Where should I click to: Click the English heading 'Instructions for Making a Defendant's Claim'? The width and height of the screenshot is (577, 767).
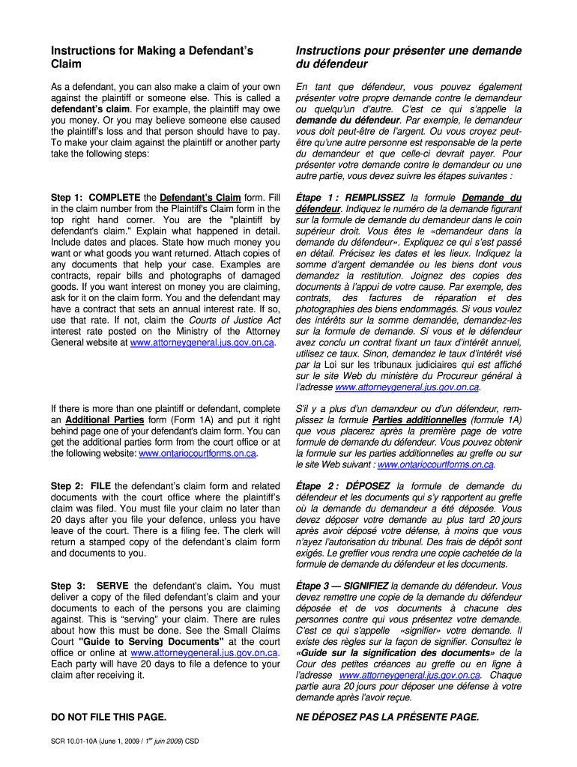(152, 57)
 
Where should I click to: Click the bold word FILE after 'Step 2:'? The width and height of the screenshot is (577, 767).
(100, 486)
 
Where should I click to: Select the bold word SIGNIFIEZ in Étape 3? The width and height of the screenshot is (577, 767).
(366, 585)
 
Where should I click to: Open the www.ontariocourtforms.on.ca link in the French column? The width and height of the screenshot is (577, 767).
(435, 464)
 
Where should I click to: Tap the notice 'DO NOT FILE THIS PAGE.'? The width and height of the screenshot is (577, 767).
(109, 717)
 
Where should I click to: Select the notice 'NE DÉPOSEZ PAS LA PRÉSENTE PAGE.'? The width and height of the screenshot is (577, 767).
(387, 717)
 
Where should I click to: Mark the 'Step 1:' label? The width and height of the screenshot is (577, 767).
(67, 198)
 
